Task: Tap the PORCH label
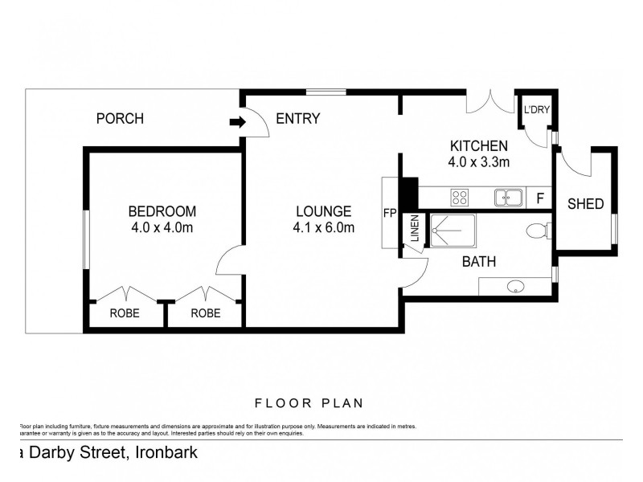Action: pos(120,119)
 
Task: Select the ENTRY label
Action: pos(297,119)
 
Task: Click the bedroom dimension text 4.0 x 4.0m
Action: pos(162,227)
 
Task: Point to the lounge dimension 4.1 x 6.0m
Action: pos(324,227)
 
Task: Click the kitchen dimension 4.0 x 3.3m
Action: pos(479,161)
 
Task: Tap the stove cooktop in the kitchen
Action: pos(460,197)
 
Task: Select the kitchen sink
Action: pos(508,197)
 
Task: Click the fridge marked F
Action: pos(540,198)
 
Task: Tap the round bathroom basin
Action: pos(516,286)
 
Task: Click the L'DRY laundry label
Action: pos(536,110)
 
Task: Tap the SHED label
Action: pos(585,204)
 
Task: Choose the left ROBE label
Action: pos(125,314)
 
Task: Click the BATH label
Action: pos(478,262)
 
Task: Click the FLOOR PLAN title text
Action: pos(309,403)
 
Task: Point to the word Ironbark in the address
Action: pos(166,452)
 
